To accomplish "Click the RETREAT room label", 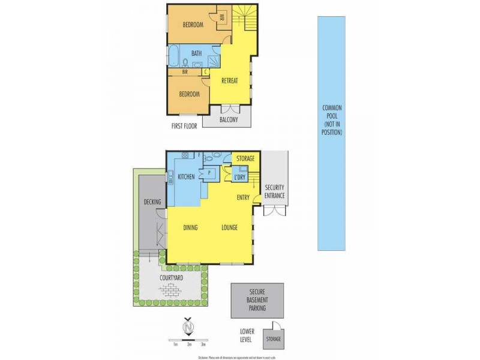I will point(231,81).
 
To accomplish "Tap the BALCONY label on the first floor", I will point(228,120).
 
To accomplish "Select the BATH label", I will point(196,53).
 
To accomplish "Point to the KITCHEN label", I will point(187,176).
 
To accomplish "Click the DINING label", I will point(191,227).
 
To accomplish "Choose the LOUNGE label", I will point(230,227).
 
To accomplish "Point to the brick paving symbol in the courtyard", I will point(171,290).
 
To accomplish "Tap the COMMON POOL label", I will point(332,119).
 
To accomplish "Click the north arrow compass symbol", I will point(189,327).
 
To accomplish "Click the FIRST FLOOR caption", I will point(184,127).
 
